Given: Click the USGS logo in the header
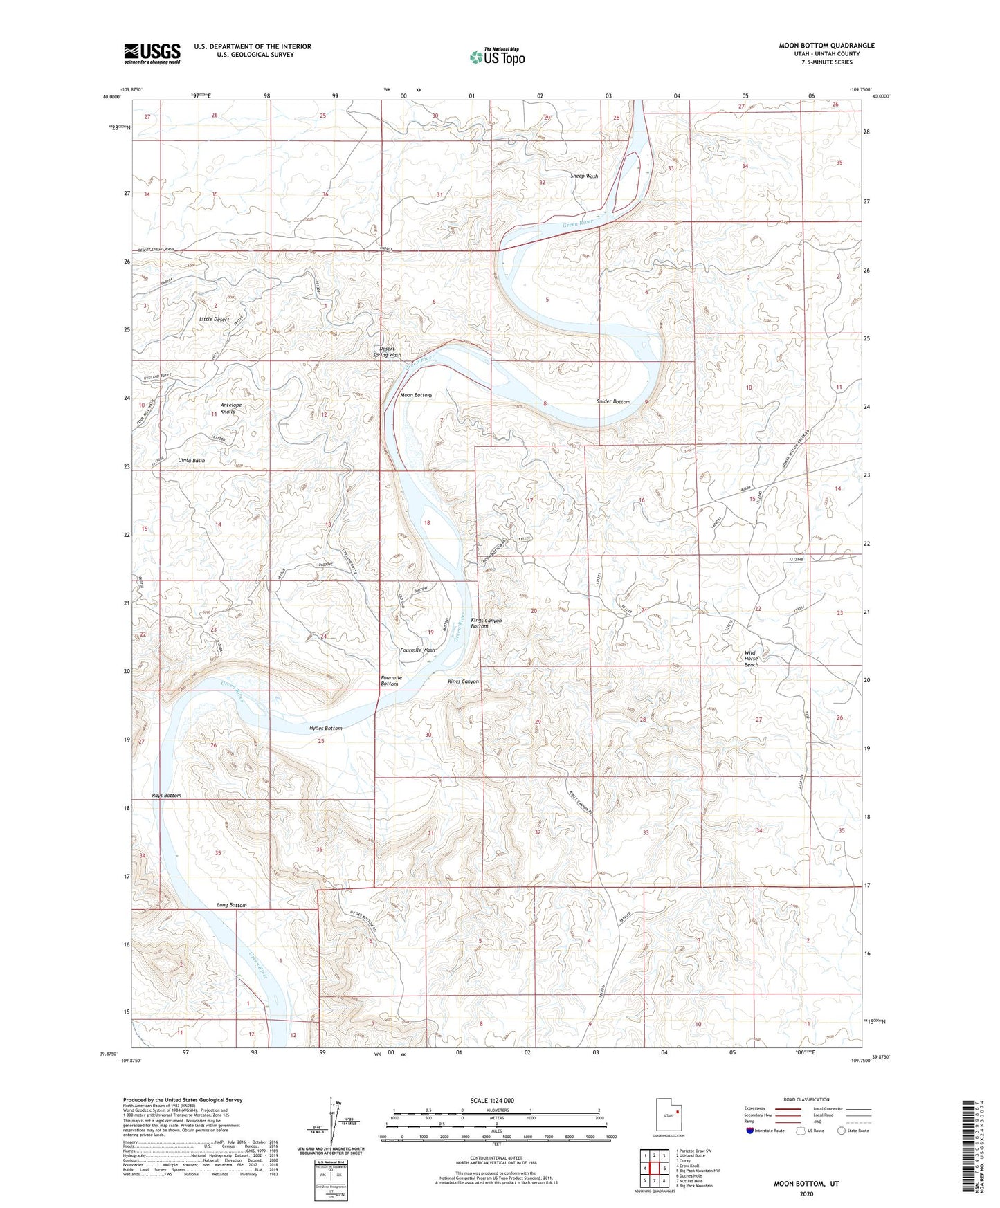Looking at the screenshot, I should click(152, 53).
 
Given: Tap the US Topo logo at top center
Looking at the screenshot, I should click(497, 57).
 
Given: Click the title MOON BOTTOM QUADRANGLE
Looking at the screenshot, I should click(826, 46).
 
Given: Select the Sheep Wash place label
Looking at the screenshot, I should click(584, 176).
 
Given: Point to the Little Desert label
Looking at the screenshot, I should click(214, 320).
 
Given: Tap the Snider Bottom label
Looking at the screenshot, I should click(613, 402).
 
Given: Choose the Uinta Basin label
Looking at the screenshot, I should click(191, 460).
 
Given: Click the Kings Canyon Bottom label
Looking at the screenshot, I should click(486, 623).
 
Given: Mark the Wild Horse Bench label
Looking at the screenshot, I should click(751, 659).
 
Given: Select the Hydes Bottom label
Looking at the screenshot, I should click(325, 729).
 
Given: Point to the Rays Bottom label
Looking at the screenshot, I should click(167, 796).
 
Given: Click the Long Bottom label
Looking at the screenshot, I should click(231, 905).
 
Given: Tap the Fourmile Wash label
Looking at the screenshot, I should click(417, 650).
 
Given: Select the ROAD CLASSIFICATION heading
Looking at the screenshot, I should click(806, 1099).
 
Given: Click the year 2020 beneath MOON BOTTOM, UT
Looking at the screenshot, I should click(806, 1193).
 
